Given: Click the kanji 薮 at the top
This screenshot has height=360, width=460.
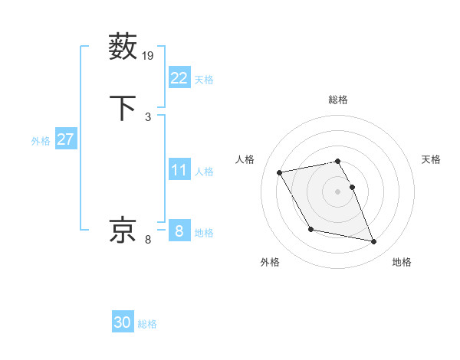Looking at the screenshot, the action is (x=123, y=47).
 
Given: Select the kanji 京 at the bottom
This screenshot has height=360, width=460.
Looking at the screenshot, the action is (x=123, y=231).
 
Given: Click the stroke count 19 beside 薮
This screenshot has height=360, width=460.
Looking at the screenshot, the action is (x=148, y=55).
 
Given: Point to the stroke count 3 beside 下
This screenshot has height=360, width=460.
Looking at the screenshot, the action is (x=148, y=116).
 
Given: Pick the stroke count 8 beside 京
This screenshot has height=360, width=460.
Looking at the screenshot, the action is (x=148, y=240).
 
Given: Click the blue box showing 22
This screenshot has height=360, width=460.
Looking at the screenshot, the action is (x=179, y=78).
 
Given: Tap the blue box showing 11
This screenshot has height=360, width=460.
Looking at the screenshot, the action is (x=179, y=170).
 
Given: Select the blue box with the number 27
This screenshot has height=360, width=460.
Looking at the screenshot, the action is (x=65, y=139).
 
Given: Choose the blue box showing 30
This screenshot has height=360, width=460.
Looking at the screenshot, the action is (x=123, y=322).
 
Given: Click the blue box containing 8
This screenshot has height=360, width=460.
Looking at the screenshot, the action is (x=179, y=231).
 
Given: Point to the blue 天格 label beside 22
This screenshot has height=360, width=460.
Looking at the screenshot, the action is (x=204, y=80).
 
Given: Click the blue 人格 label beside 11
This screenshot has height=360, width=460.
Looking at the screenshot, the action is (x=204, y=172).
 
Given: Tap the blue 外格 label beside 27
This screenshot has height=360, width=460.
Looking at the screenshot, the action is (x=40, y=141).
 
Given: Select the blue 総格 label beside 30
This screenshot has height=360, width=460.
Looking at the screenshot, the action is (x=147, y=324).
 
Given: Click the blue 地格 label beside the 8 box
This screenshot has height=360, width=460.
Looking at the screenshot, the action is (x=204, y=233).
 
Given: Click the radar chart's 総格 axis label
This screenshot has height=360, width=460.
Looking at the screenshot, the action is (x=337, y=100).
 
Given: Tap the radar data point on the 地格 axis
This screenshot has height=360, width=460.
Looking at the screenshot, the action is (x=374, y=242).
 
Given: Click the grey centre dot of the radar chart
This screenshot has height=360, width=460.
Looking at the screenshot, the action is (x=337, y=191).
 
